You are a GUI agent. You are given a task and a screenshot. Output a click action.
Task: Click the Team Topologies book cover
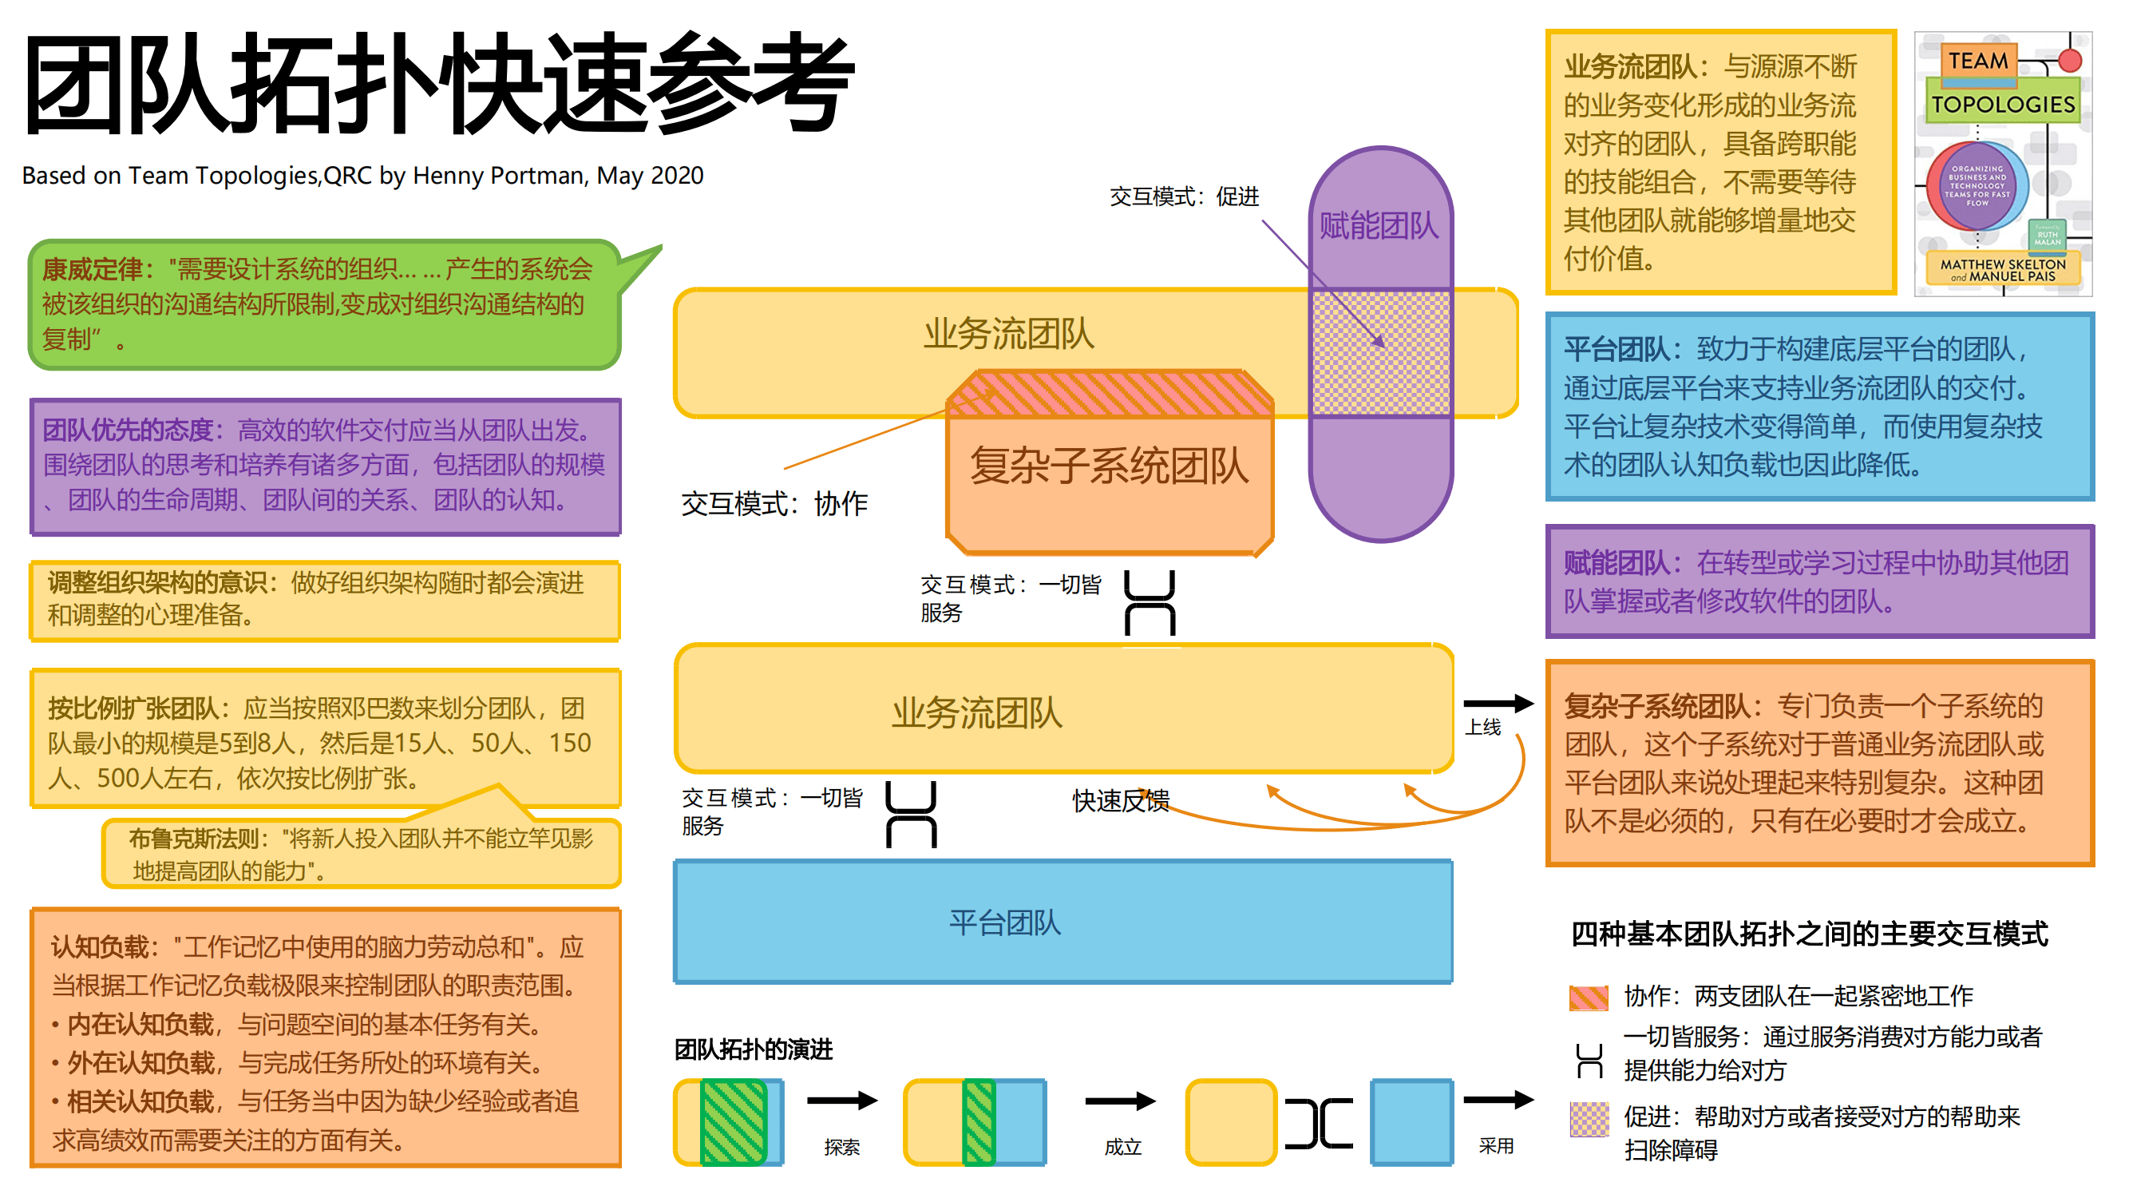[x=2003, y=164]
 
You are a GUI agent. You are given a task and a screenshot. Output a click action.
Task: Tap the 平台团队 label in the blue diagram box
[x=1004, y=922]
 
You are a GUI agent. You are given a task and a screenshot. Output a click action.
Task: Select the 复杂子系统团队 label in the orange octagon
[x=1108, y=466]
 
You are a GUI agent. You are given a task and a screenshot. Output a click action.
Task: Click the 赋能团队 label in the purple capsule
[x=1379, y=226]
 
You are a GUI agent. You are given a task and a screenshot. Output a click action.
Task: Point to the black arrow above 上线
[x=1498, y=704]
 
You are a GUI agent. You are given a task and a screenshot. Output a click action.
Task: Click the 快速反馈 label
[x=1120, y=800]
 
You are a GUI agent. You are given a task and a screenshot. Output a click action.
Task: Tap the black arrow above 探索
[x=841, y=1101]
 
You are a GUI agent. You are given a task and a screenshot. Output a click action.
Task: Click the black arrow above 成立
[x=1120, y=1101]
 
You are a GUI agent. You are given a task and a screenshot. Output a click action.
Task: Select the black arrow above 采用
[x=1498, y=1100]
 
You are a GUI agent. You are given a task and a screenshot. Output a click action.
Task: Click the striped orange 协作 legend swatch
[x=1589, y=998]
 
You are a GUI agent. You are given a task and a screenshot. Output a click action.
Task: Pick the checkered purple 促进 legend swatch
[x=1589, y=1120]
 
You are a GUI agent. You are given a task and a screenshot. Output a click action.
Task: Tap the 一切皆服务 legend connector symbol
[x=1589, y=1061]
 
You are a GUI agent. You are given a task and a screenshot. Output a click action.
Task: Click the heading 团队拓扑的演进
[x=753, y=1049]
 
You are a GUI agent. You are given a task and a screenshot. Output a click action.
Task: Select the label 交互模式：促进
[x=1184, y=196]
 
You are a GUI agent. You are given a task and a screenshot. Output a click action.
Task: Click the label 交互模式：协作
[x=774, y=502]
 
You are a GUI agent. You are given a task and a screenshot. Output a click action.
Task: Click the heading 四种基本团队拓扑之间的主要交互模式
[x=1808, y=934]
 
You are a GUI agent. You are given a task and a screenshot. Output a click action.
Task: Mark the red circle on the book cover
[x=2069, y=61]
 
